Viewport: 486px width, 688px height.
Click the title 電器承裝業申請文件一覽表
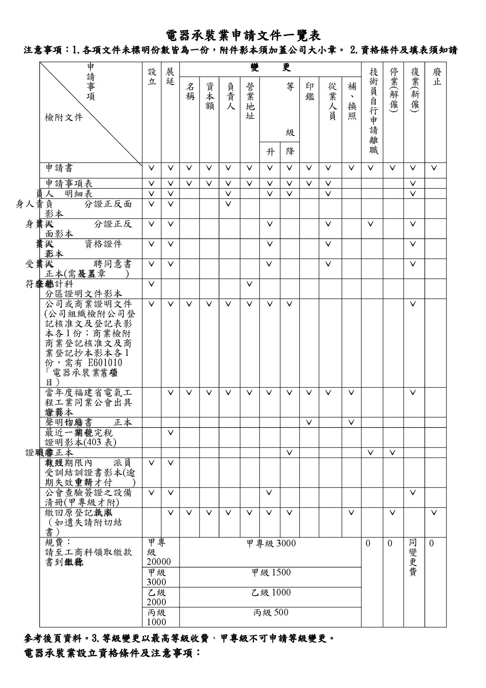[243, 36]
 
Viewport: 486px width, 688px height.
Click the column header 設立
[152, 77]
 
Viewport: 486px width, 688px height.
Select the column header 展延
[170, 77]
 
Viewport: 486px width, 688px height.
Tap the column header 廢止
[435, 77]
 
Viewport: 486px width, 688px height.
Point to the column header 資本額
[209, 96]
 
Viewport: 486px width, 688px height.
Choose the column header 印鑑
[309, 91]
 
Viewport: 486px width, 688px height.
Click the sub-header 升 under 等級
[270, 152]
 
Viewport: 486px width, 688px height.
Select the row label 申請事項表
[69, 183]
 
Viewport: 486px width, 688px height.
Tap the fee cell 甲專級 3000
[271, 543]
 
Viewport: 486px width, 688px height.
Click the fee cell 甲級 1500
[271, 572]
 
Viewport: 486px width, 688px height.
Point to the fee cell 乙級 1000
[271, 592]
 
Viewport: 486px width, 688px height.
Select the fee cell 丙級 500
[271, 612]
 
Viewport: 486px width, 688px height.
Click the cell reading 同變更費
[413, 557]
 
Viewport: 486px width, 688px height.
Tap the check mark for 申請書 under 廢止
[434, 168]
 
